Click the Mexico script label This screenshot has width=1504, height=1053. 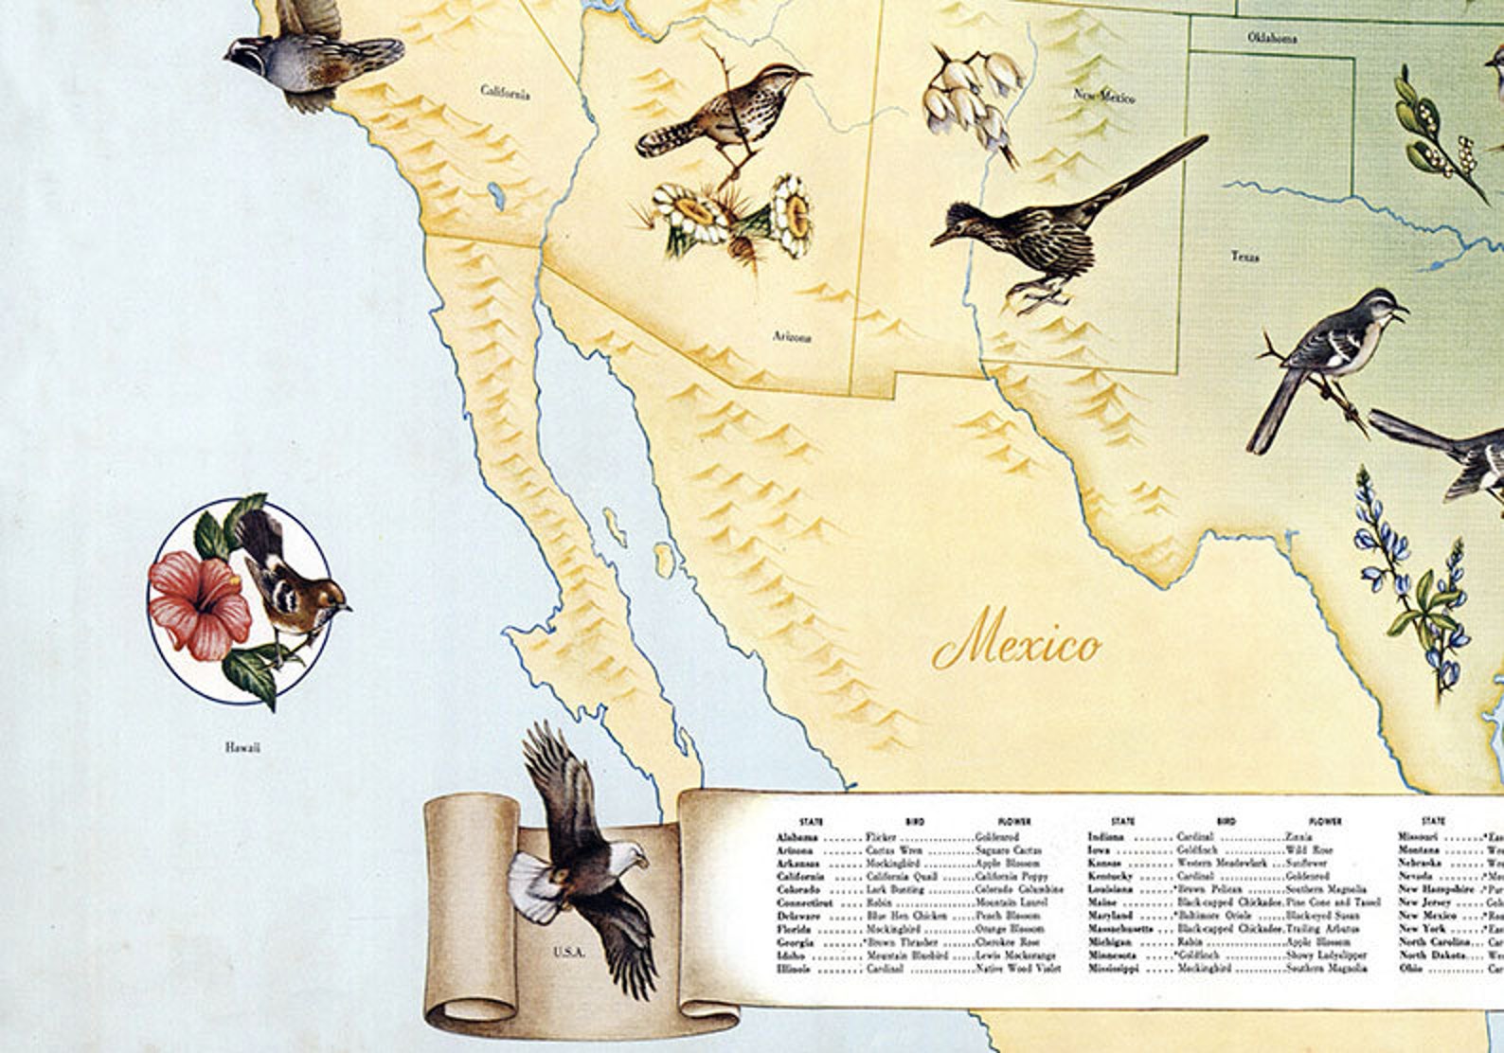pos(1018,646)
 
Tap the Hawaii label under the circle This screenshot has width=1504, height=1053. pos(242,748)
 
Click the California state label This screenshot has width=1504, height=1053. pos(505,93)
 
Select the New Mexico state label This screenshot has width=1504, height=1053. pos(1103,96)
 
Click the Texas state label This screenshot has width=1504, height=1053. pos(1244,256)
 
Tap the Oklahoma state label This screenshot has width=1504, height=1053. pos(1271,39)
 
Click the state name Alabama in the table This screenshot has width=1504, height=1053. pos(797,838)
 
